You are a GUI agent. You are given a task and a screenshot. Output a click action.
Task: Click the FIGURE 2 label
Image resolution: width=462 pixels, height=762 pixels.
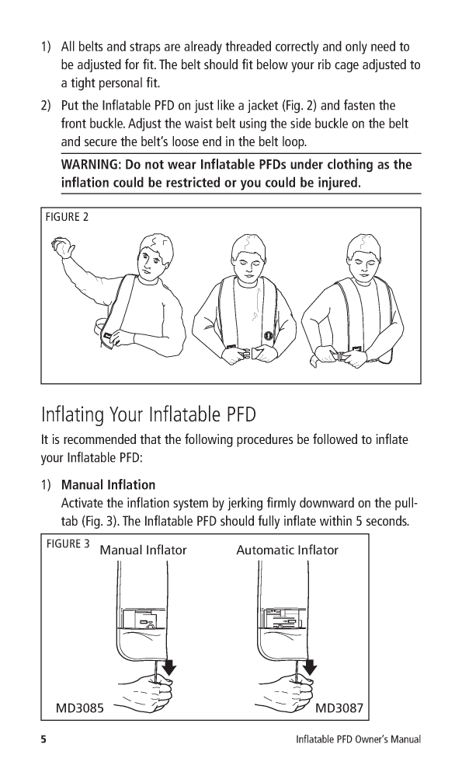[67, 217]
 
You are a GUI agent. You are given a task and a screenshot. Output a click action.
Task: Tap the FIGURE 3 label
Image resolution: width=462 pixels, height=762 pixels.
[68, 544]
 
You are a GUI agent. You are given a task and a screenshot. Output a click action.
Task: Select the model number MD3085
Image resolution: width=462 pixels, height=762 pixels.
[79, 708]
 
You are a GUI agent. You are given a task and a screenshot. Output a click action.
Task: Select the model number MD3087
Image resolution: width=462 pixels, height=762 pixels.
[339, 708]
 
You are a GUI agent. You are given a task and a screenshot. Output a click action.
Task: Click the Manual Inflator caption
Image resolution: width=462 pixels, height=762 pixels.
[143, 551]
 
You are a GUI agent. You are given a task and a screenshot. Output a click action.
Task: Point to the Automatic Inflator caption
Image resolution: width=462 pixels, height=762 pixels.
[287, 551]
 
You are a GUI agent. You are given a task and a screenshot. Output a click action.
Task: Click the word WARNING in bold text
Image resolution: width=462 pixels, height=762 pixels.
[91, 164]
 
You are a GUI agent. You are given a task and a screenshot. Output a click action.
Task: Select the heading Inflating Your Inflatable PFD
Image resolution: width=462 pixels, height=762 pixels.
[148, 414]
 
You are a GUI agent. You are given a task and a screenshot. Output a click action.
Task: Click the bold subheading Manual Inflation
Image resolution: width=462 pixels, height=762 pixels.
[108, 485]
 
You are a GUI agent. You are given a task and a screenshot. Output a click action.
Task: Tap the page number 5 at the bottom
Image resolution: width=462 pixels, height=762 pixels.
[43, 739]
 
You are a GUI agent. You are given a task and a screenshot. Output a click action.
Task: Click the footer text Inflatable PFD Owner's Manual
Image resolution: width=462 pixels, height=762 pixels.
[359, 739]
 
